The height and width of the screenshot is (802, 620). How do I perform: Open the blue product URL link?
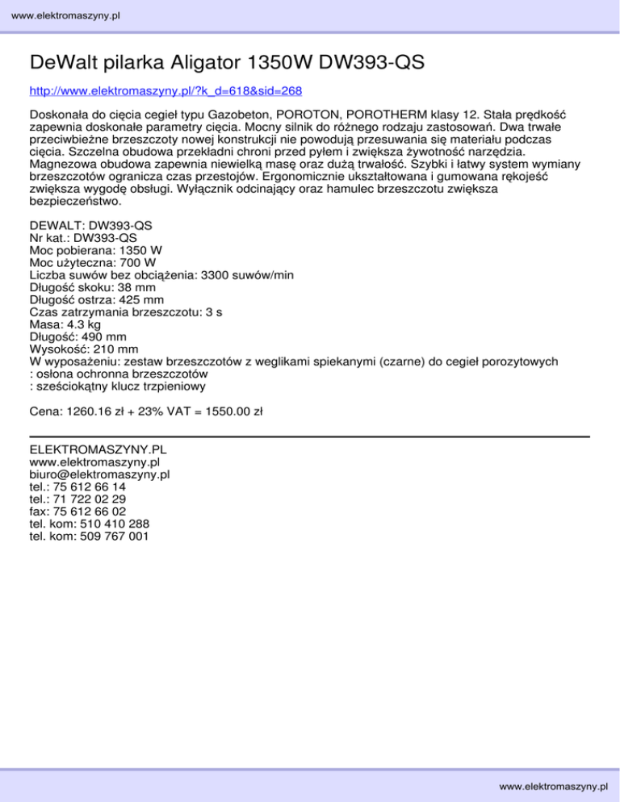[165, 90]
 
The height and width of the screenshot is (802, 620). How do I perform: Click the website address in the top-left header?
[61, 15]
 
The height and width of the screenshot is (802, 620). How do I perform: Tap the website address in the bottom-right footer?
[553, 785]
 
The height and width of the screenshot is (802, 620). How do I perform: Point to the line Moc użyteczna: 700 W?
[93, 262]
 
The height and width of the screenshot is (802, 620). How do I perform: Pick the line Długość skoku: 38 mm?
[94, 286]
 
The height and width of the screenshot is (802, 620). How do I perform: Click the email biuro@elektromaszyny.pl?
[98, 475]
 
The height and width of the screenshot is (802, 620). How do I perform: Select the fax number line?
[77, 511]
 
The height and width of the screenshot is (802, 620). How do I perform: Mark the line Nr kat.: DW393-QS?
[82, 238]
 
